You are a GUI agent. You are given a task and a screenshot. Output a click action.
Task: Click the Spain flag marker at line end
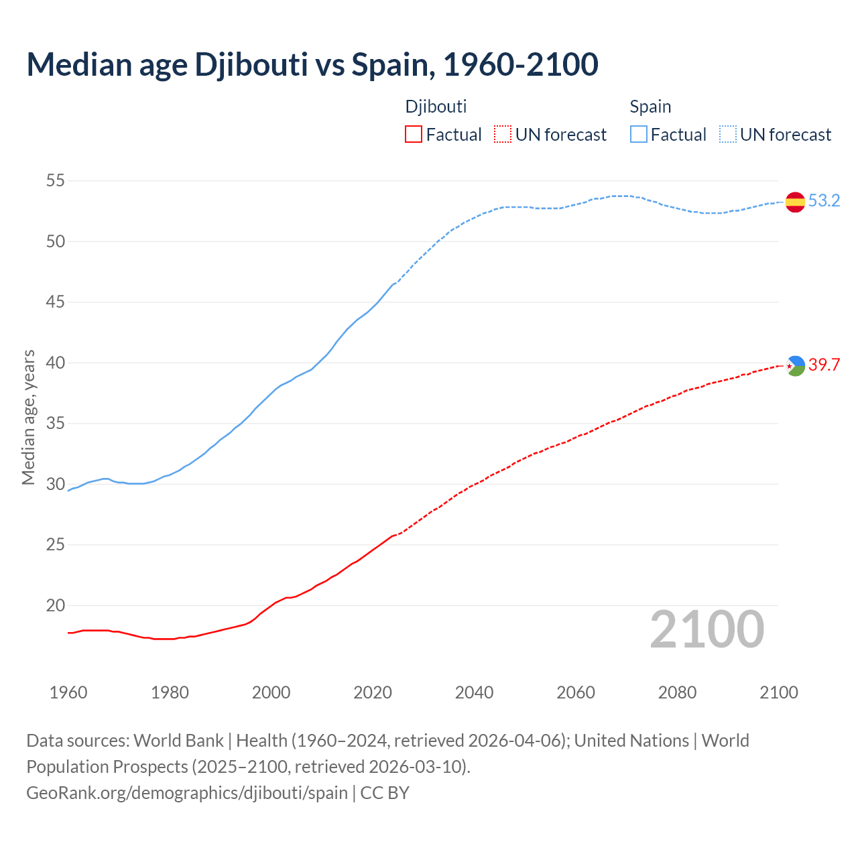(x=795, y=202)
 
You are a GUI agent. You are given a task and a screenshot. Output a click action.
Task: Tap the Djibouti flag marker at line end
(x=795, y=365)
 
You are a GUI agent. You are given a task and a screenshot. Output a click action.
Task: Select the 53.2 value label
(x=824, y=200)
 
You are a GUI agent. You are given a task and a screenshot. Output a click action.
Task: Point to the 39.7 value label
(x=824, y=365)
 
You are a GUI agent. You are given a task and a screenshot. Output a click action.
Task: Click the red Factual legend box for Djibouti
(x=414, y=135)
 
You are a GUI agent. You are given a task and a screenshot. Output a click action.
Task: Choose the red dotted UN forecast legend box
(x=503, y=135)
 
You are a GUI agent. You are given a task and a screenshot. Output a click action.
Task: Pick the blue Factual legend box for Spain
(x=638, y=135)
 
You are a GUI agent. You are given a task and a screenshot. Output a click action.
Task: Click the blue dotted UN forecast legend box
(x=727, y=135)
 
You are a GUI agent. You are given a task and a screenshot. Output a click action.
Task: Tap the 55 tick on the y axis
(x=56, y=181)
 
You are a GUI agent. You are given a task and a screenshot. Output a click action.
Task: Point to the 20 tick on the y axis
(x=56, y=605)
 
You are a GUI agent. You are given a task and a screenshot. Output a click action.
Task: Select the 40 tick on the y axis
(x=56, y=363)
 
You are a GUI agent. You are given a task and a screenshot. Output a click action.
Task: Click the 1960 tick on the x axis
(x=68, y=692)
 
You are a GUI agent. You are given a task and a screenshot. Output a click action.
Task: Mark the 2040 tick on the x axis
(x=474, y=692)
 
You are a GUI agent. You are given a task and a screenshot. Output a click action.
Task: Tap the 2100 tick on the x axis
(x=779, y=692)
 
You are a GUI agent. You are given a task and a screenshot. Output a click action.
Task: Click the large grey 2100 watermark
(x=707, y=629)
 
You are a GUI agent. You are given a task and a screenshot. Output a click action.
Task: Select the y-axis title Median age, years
(x=28, y=417)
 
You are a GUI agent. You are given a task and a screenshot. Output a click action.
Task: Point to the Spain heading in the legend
(x=650, y=107)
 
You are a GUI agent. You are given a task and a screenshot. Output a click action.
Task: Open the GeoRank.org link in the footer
(x=187, y=793)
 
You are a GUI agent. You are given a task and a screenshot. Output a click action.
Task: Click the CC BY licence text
(x=385, y=793)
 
